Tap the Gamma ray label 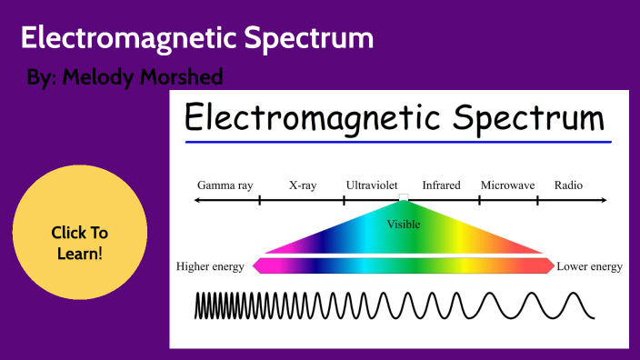pos(225,185)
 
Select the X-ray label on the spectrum pos(303,185)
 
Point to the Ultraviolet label pos(372,185)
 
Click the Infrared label pos(441,185)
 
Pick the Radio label pos(568,185)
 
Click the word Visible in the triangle pos(403,224)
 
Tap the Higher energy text pos(212,266)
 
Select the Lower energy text pos(589,266)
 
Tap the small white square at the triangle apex pos(403,199)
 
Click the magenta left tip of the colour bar pos(256,265)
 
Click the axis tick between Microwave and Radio pos(537,200)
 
